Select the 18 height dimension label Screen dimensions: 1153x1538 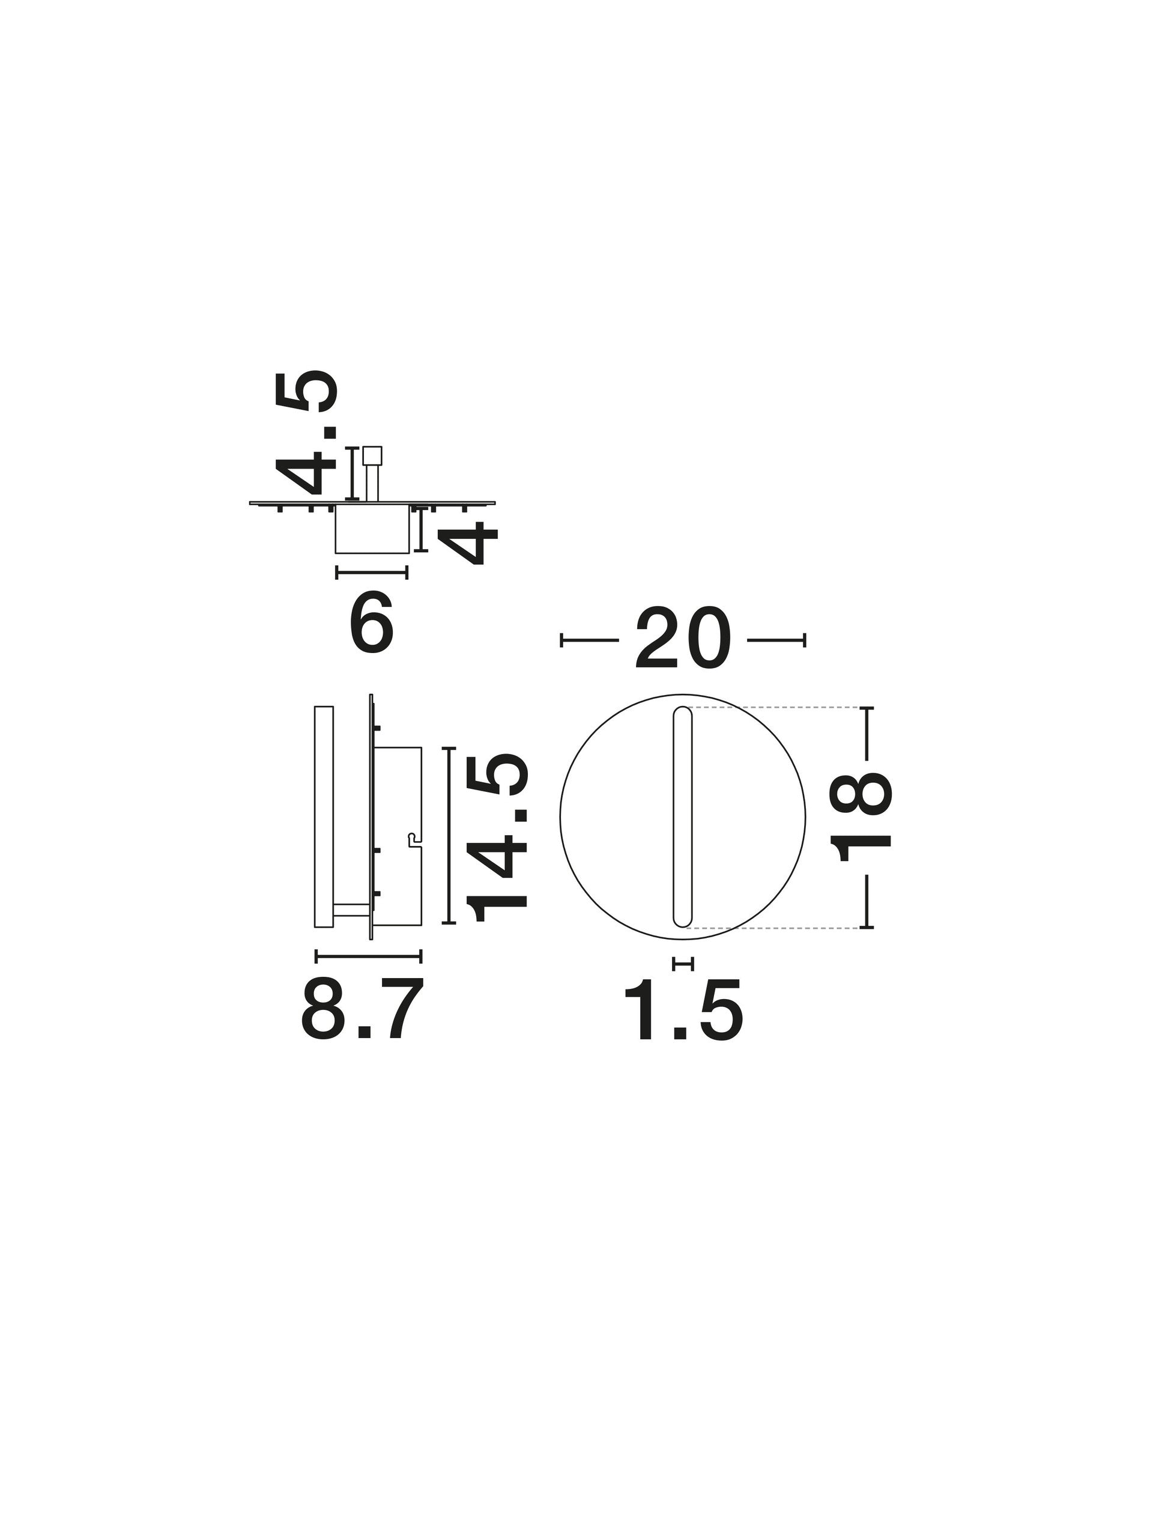(x=861, y=817)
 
